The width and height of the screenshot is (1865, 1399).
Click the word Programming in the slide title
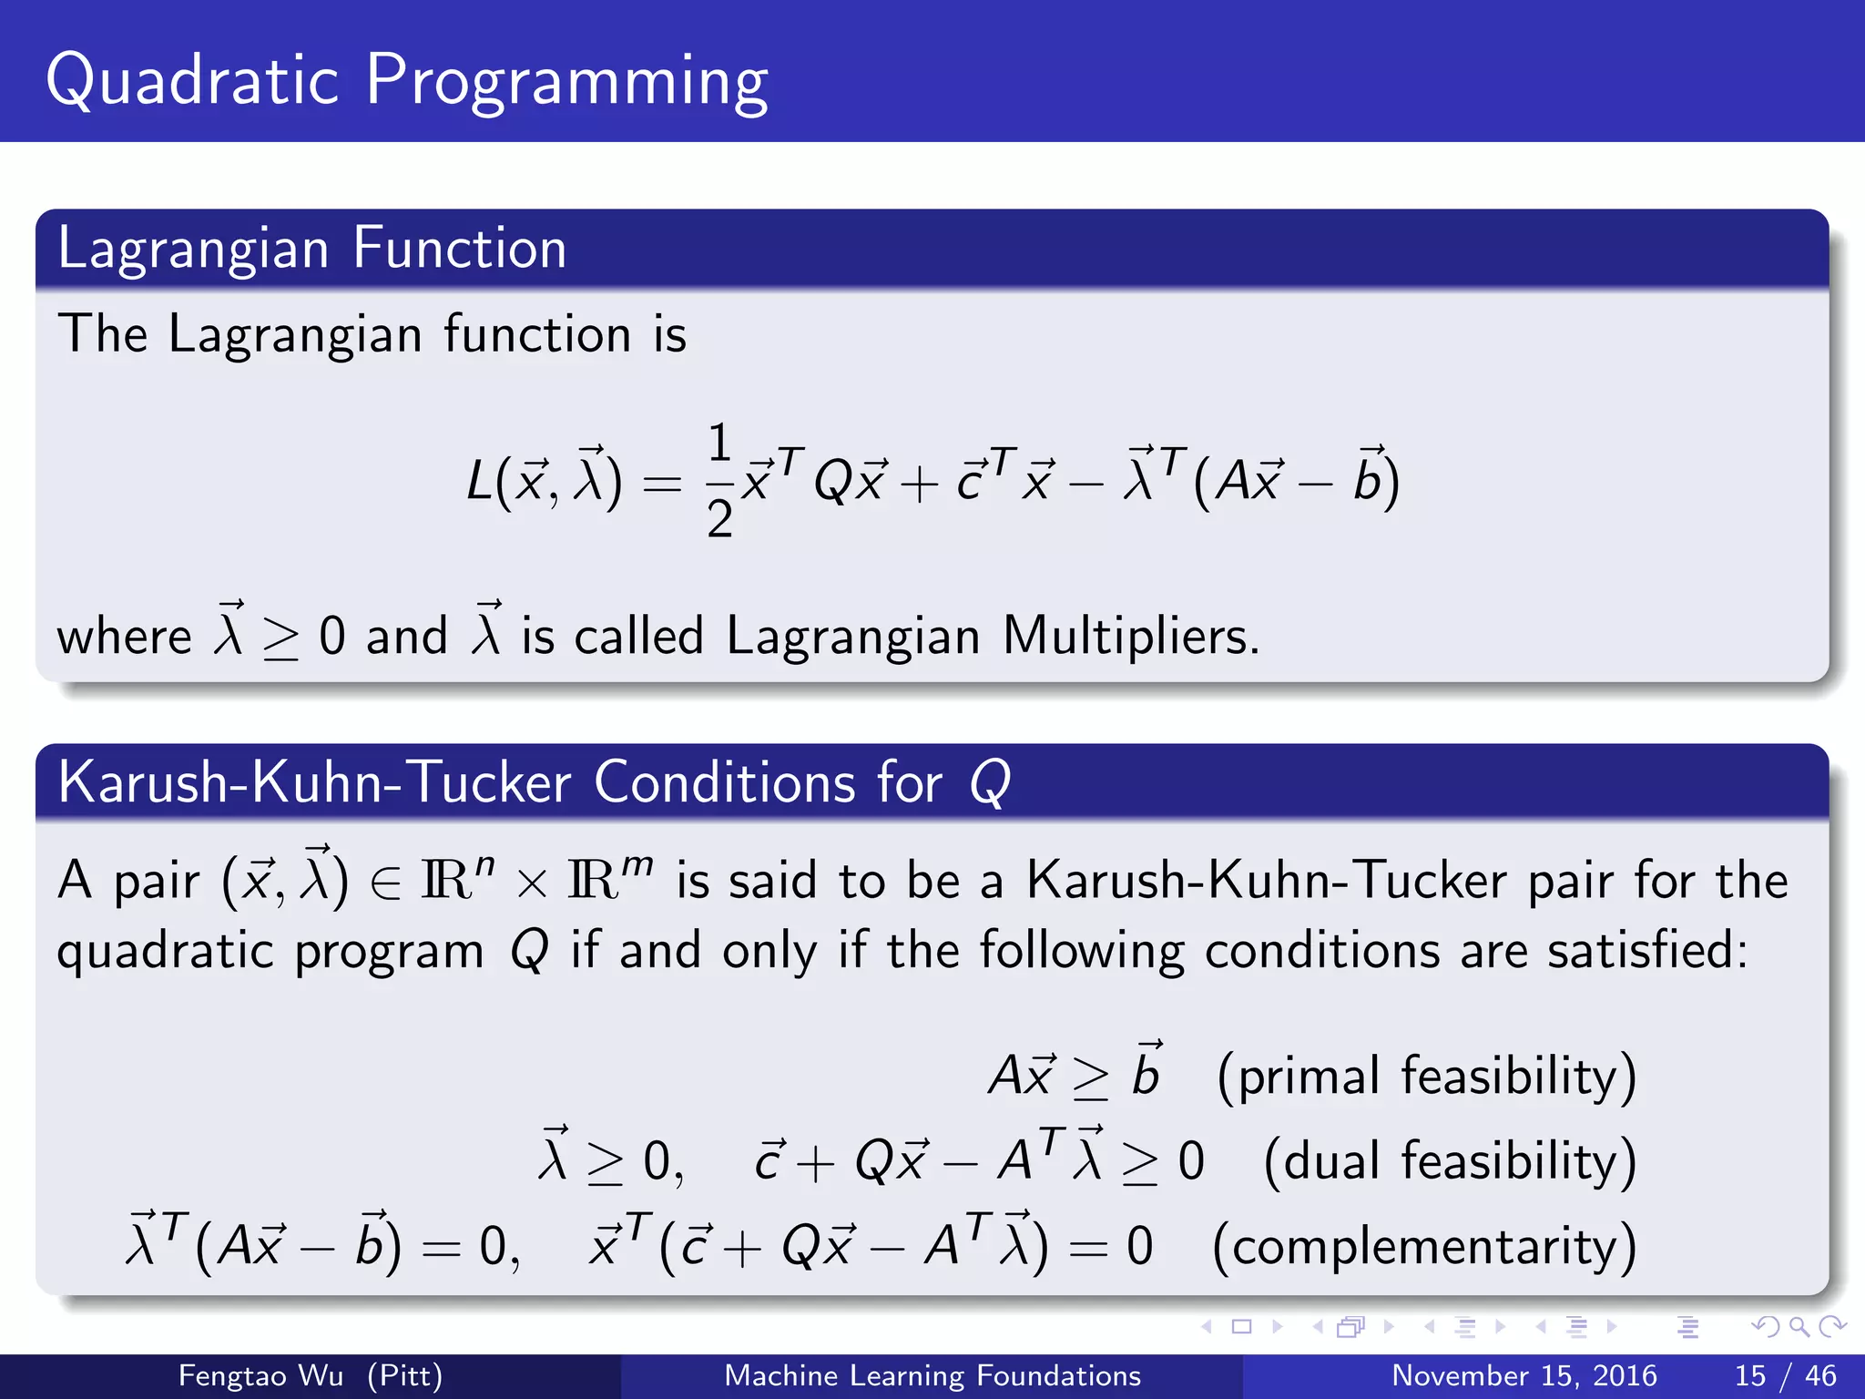click(x=566, y=84)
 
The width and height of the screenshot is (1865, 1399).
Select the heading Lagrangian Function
click(x=311, y=249)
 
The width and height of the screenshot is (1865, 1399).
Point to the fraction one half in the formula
click(x=719, y=480)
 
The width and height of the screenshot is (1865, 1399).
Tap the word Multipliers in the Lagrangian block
click(x=1129, y=635)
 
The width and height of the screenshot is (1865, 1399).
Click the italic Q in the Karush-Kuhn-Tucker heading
click(x=990, y=783)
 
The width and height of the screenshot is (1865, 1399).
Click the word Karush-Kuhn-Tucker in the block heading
click(x=314, y=783)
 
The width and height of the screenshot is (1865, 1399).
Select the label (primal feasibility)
click(x=1427, y=1077)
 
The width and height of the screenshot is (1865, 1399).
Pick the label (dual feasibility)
click(x=1450, y=1161)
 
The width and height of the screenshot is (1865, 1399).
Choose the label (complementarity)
click(x=1424, y=1246)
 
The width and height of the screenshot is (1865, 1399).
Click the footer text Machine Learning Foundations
click(x=932, y=1375)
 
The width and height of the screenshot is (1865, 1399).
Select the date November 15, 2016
click(x=1524, y=1375)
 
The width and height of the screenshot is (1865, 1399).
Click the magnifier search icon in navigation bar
click(x=1799, y=1327)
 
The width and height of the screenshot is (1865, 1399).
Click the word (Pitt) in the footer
click(x=404, y=1375)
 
